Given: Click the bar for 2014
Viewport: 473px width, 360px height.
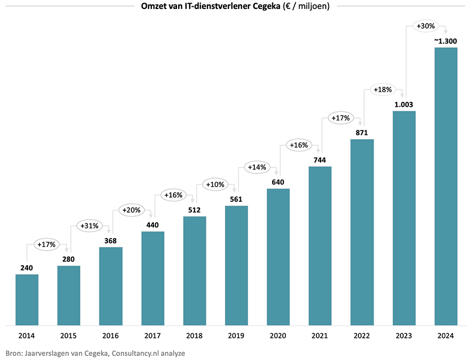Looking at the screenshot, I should [27, 300].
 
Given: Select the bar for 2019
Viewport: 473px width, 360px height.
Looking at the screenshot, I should [236, 265].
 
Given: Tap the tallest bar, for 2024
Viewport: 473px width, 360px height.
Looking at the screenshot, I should [446, 187].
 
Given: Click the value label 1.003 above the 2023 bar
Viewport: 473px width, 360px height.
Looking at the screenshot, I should [404, 105].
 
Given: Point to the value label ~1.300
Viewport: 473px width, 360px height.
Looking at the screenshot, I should [445, 41].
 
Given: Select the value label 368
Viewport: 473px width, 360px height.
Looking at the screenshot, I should [110, 241].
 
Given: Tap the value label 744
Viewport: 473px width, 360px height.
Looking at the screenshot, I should [320, 160].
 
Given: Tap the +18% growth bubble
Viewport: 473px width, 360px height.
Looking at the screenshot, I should [382, 89].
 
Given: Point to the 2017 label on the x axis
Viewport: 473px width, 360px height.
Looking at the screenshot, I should [152, 336].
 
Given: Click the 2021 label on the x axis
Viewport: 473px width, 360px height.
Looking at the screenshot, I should [320, 336].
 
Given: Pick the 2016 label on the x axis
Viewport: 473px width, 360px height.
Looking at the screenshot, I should [110, 336].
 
